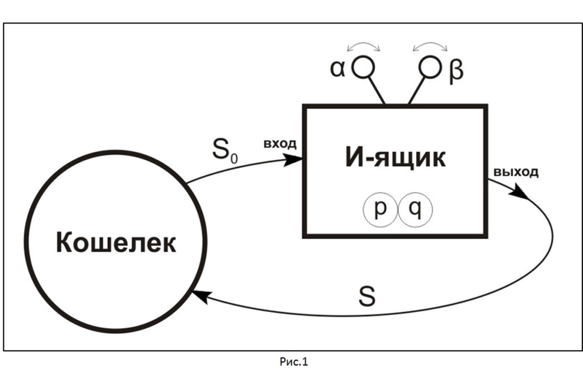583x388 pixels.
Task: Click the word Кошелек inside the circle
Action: [116, 242]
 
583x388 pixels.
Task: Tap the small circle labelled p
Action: [380, 209]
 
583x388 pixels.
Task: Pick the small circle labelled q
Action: [414, 209]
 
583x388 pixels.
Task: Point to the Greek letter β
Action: [456, 70]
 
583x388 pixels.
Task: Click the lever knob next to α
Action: [363, 67]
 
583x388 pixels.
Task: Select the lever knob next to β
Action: [430, 67]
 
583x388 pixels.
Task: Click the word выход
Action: [516, 172]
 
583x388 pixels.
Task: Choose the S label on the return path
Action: [366, 296]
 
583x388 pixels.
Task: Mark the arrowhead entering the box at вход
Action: [295, 160]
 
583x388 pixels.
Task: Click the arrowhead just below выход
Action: [520, 191]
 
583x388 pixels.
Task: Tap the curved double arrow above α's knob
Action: [363, 45]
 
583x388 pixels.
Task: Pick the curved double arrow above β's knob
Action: [430, 45]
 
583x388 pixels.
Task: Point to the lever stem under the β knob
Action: [416, 91]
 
